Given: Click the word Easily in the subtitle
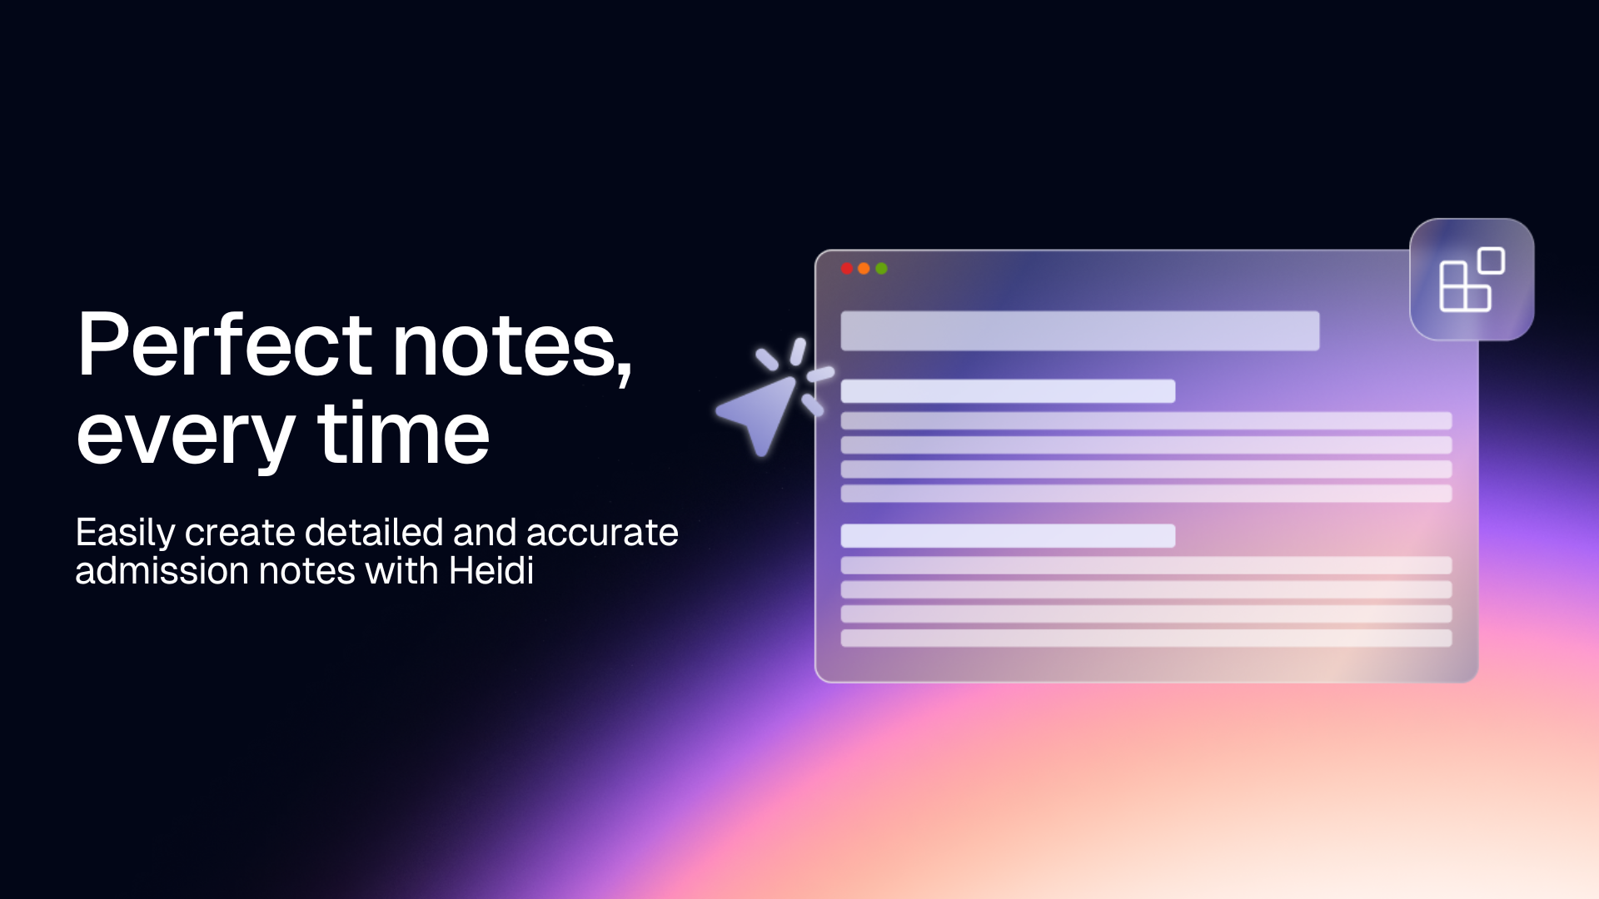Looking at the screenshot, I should tap(125, 534).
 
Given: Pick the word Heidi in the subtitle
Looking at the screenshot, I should tap(491, 571).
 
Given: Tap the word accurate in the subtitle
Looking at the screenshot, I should tap(602, 533).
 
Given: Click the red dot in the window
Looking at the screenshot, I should tap(847, 269).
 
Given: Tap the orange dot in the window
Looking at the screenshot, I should tap(864, 269).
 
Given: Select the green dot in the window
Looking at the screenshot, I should tap(881, 269).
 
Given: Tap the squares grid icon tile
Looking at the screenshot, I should tap(1472, 280).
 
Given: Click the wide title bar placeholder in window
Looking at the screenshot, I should tap(1079, 330).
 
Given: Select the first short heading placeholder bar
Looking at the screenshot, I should tap(1008, 391).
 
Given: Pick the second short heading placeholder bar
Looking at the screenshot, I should tap(1008, 536).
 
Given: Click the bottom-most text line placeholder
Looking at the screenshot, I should tap(1146, 638).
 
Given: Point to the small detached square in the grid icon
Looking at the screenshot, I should tap(1491, 261).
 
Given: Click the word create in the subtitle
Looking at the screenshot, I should tap(240, 534).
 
